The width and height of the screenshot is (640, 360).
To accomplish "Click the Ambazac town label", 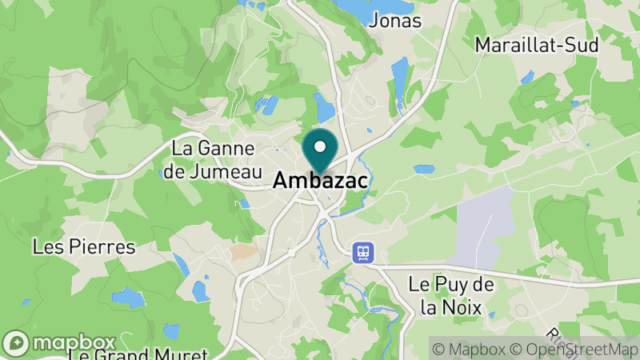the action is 320,182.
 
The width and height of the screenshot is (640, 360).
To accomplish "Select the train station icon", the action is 362,253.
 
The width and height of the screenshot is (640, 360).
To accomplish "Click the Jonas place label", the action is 395,21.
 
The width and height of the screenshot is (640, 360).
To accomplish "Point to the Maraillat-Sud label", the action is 537,45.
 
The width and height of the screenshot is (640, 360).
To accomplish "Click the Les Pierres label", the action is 84,246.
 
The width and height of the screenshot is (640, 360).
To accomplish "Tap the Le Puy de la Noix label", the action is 450,294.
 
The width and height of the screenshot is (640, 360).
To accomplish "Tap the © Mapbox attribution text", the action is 472,349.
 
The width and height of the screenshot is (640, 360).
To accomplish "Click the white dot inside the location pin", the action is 320,146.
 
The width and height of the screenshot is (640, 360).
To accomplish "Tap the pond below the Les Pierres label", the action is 128,298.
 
